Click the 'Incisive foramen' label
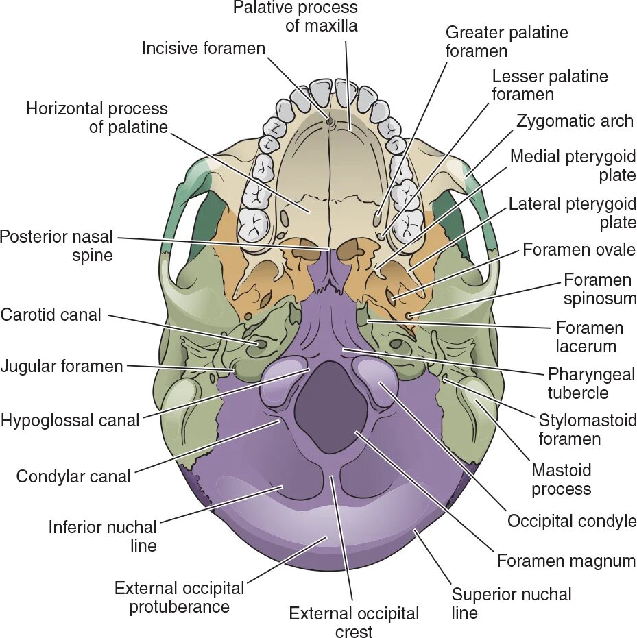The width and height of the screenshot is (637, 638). pos(203,48)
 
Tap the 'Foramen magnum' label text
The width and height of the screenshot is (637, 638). pos(566,561)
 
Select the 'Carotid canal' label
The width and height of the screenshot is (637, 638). pos(51,315)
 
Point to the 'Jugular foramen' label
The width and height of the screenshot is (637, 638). pos(62,367)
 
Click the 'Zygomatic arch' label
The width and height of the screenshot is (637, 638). pos(575,121)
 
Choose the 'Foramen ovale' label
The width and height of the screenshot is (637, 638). pos(579,249)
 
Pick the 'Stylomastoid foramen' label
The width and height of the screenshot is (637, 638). pos(588,429)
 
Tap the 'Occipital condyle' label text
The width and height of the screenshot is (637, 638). pos(572,521)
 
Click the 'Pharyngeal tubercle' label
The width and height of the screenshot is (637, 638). pos(591,384)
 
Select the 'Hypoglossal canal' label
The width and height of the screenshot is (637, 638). pos(70,419)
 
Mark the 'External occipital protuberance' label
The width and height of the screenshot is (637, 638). pos(180,598)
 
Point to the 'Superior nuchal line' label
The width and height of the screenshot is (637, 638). pos(511,603)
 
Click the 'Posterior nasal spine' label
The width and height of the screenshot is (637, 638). pos(56,247)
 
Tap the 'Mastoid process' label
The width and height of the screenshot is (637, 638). pos(562,480)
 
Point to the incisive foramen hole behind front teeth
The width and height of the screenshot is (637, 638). pos(330,122)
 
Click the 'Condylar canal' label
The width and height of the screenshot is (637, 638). pos(73,476)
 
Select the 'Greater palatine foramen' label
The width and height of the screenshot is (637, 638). pos(507,42)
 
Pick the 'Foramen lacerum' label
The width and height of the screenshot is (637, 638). pos(590,337)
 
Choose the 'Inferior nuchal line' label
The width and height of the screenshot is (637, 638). pos(103,537)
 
